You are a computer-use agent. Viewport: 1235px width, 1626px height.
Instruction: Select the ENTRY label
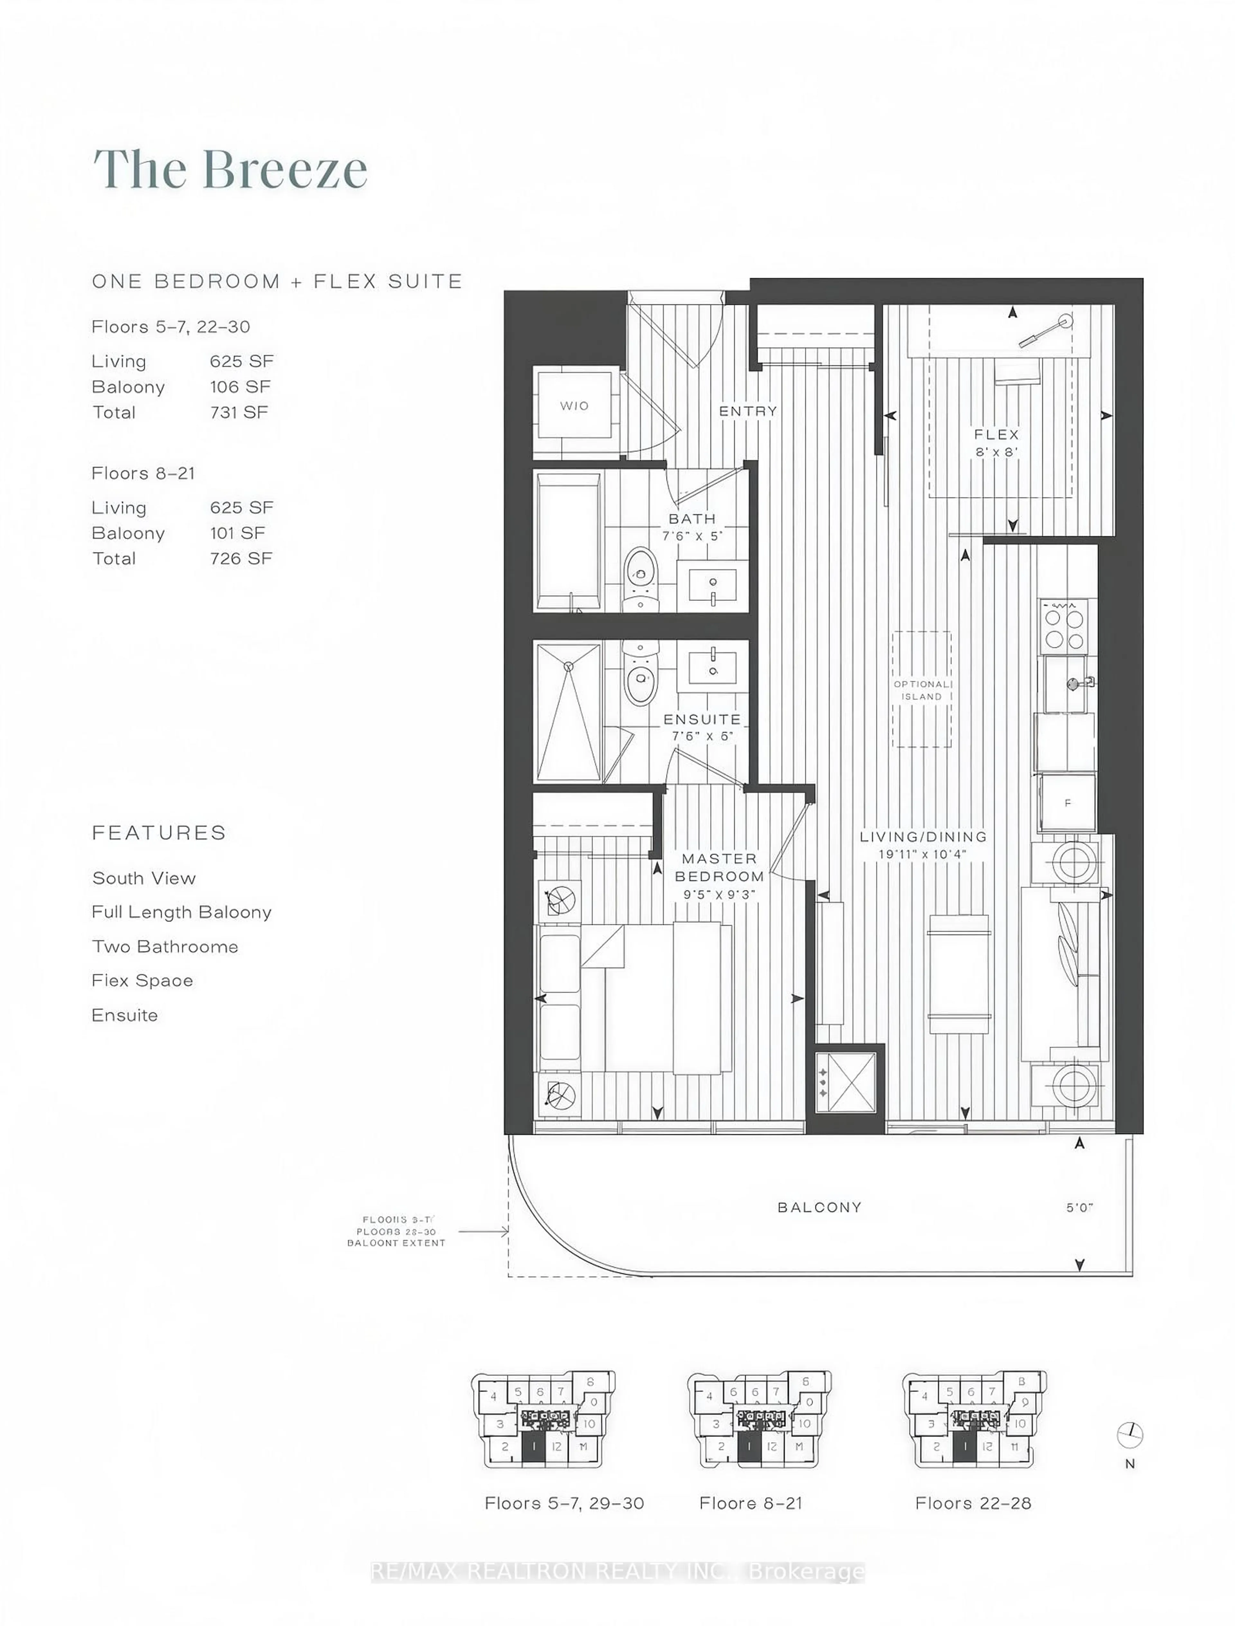coord(748,411)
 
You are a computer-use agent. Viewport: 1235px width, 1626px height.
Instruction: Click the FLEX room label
coord(997,435)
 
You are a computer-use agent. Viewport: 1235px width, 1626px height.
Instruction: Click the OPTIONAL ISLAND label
coord(922,690)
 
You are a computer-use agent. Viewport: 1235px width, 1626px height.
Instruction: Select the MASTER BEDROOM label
coord(719,868)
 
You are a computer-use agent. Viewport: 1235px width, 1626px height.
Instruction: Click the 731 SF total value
coord(239,413)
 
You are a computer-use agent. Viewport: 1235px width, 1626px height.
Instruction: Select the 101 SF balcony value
coord(237,533)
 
